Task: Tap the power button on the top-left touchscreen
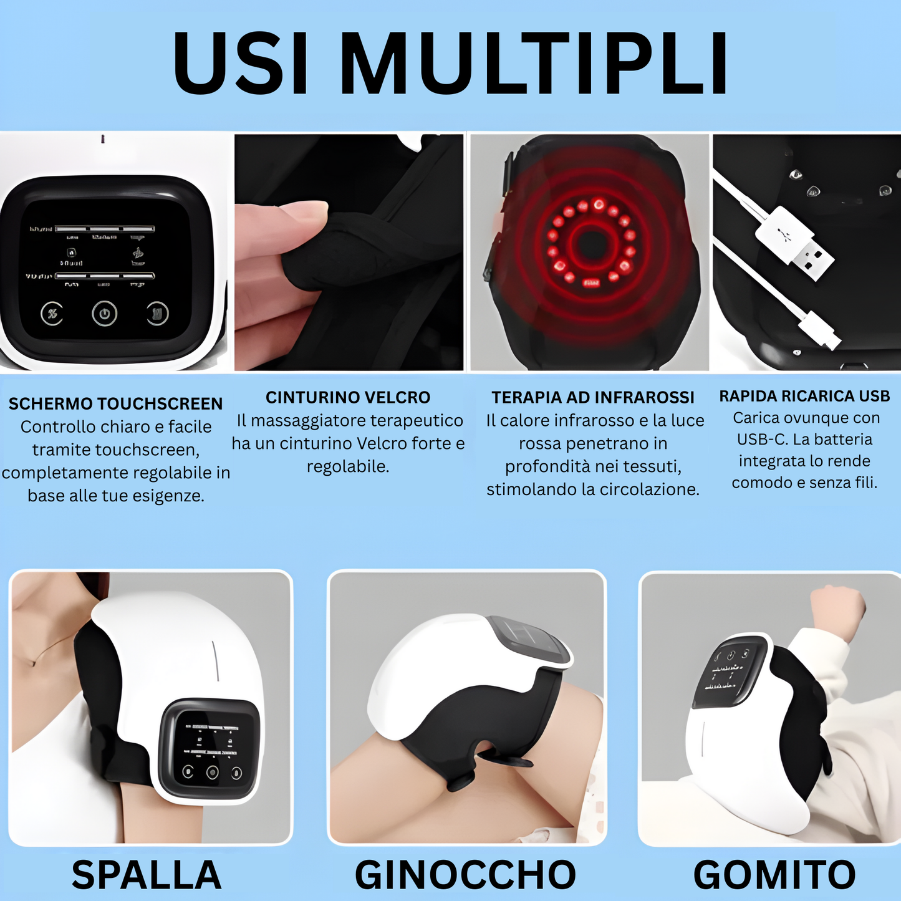click(104, 314)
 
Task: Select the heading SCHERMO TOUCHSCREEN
click(115, 403)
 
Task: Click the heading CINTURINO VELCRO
click(348, 397)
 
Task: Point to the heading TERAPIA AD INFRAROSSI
click(592, 397)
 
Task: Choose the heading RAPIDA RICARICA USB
click(804, 396)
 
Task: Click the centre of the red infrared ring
click(590, 244)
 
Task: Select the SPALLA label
click(147, 874)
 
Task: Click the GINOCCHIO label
click(465, 874)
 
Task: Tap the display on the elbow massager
click(730, 673)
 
